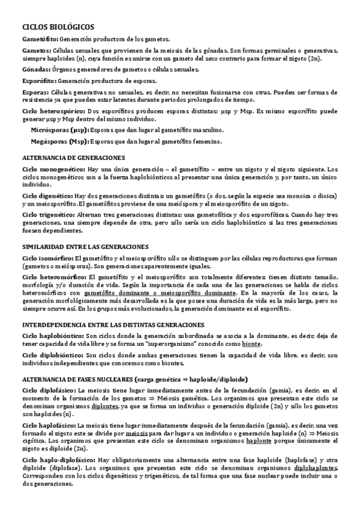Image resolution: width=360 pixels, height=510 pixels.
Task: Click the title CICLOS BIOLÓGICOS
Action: tap(58, 27)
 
